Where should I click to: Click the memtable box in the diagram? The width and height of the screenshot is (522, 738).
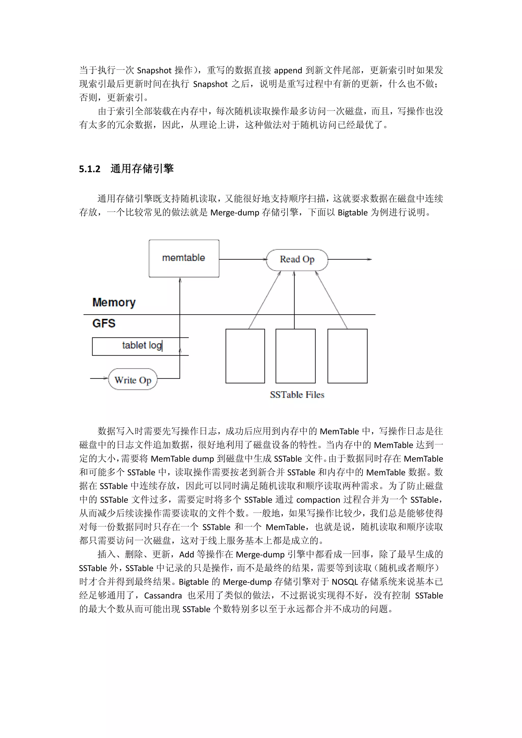click(x=184, y=258)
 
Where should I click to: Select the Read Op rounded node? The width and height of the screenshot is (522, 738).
click(x=297, y=259)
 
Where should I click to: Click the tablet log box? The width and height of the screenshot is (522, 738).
click(x=140, y=346)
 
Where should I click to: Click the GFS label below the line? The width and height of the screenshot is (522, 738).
click(x=103, y=323)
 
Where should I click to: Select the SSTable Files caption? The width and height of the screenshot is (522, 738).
click(x=297, y=395)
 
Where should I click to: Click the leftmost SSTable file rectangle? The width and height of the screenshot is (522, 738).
click(x=245, y=356)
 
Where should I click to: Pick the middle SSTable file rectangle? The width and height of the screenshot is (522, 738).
click(x=295, y=356)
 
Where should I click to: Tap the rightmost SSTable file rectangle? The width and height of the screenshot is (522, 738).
click(x=347, y=356)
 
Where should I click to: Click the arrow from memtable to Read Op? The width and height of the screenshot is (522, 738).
click(x=243, y=259)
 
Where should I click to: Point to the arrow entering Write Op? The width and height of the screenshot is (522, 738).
click(x=99, y=378)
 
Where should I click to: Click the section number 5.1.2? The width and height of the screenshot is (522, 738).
click(x=90, y=169)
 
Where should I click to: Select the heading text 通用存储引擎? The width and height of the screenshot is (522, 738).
click(x=142, y=168)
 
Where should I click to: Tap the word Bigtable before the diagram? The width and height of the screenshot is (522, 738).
click(x=352, y=213)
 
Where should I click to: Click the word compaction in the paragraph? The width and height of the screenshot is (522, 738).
click(x=318, y=500)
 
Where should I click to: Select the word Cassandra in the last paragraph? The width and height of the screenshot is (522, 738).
click(x=163, y=596)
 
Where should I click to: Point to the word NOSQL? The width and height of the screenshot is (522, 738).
click(x=345, y=582)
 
